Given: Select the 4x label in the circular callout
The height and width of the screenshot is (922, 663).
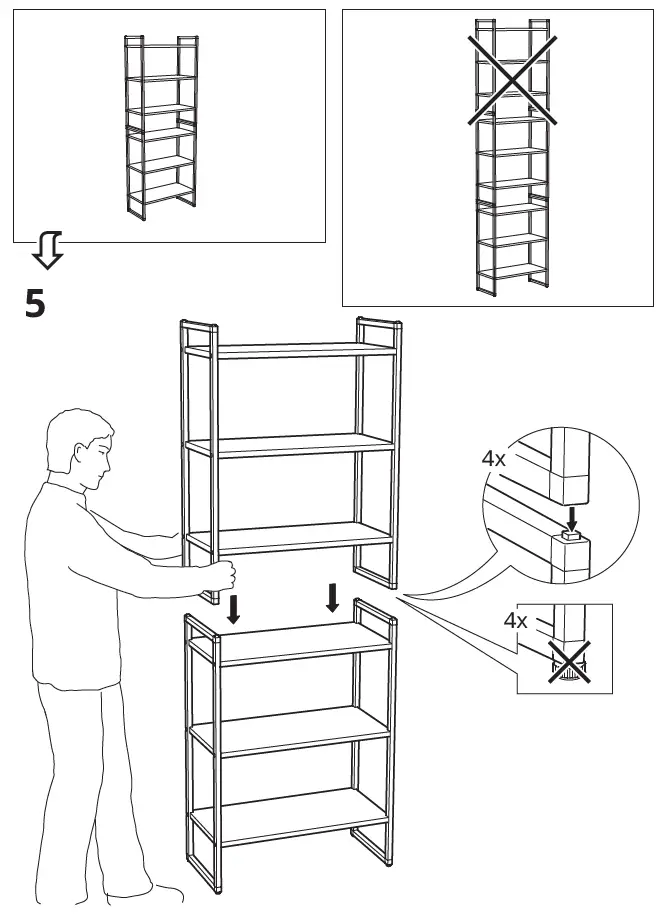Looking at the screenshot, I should tap(493, 459).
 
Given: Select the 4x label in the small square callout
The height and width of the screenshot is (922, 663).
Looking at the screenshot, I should tap(515, 620).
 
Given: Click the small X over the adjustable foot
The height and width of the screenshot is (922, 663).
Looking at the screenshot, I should tap(567, 662).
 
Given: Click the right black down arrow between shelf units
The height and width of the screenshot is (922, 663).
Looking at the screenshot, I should tap(332, 597).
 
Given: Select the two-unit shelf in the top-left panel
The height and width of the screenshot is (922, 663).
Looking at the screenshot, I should tap(159, 126).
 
